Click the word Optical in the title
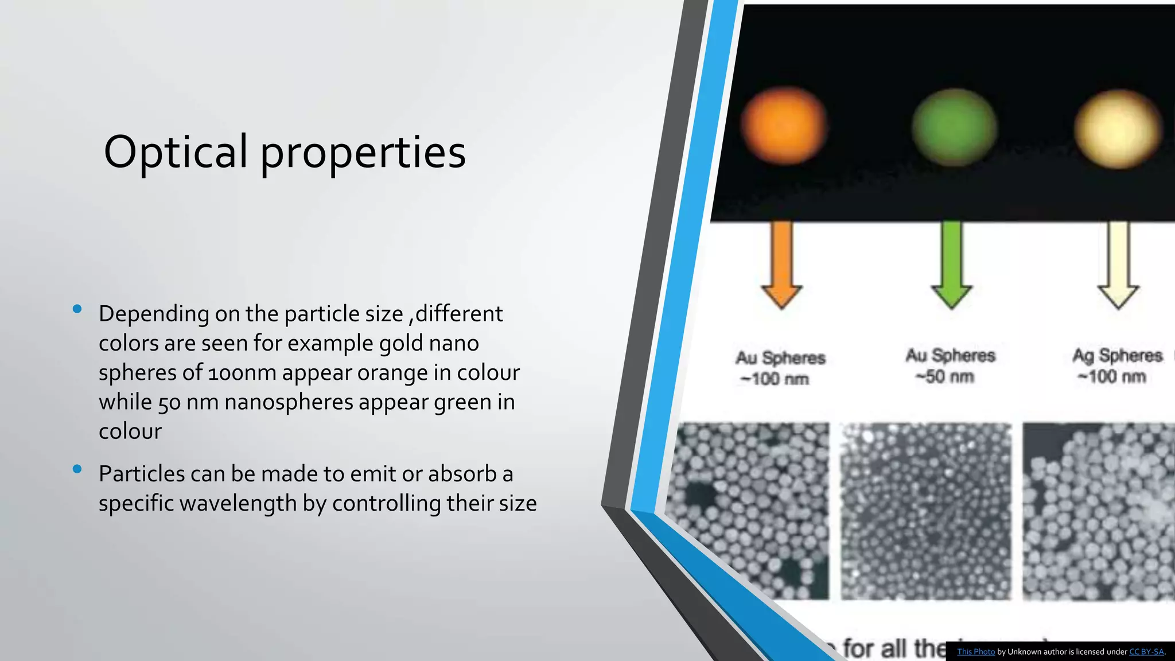coord(176,151)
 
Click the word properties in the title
coord(363,154)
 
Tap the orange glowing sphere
coord(784,126)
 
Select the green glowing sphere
coord(954,127)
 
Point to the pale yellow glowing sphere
coord(1118,128)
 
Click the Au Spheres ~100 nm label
coord(779,368)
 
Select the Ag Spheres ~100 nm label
coord(1116,366)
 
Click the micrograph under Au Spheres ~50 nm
coord(925,511)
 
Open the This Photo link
coord(976,652)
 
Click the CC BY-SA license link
coord(1146,652)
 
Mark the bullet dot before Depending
coord(77,310)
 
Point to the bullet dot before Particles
coord(77,469)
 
